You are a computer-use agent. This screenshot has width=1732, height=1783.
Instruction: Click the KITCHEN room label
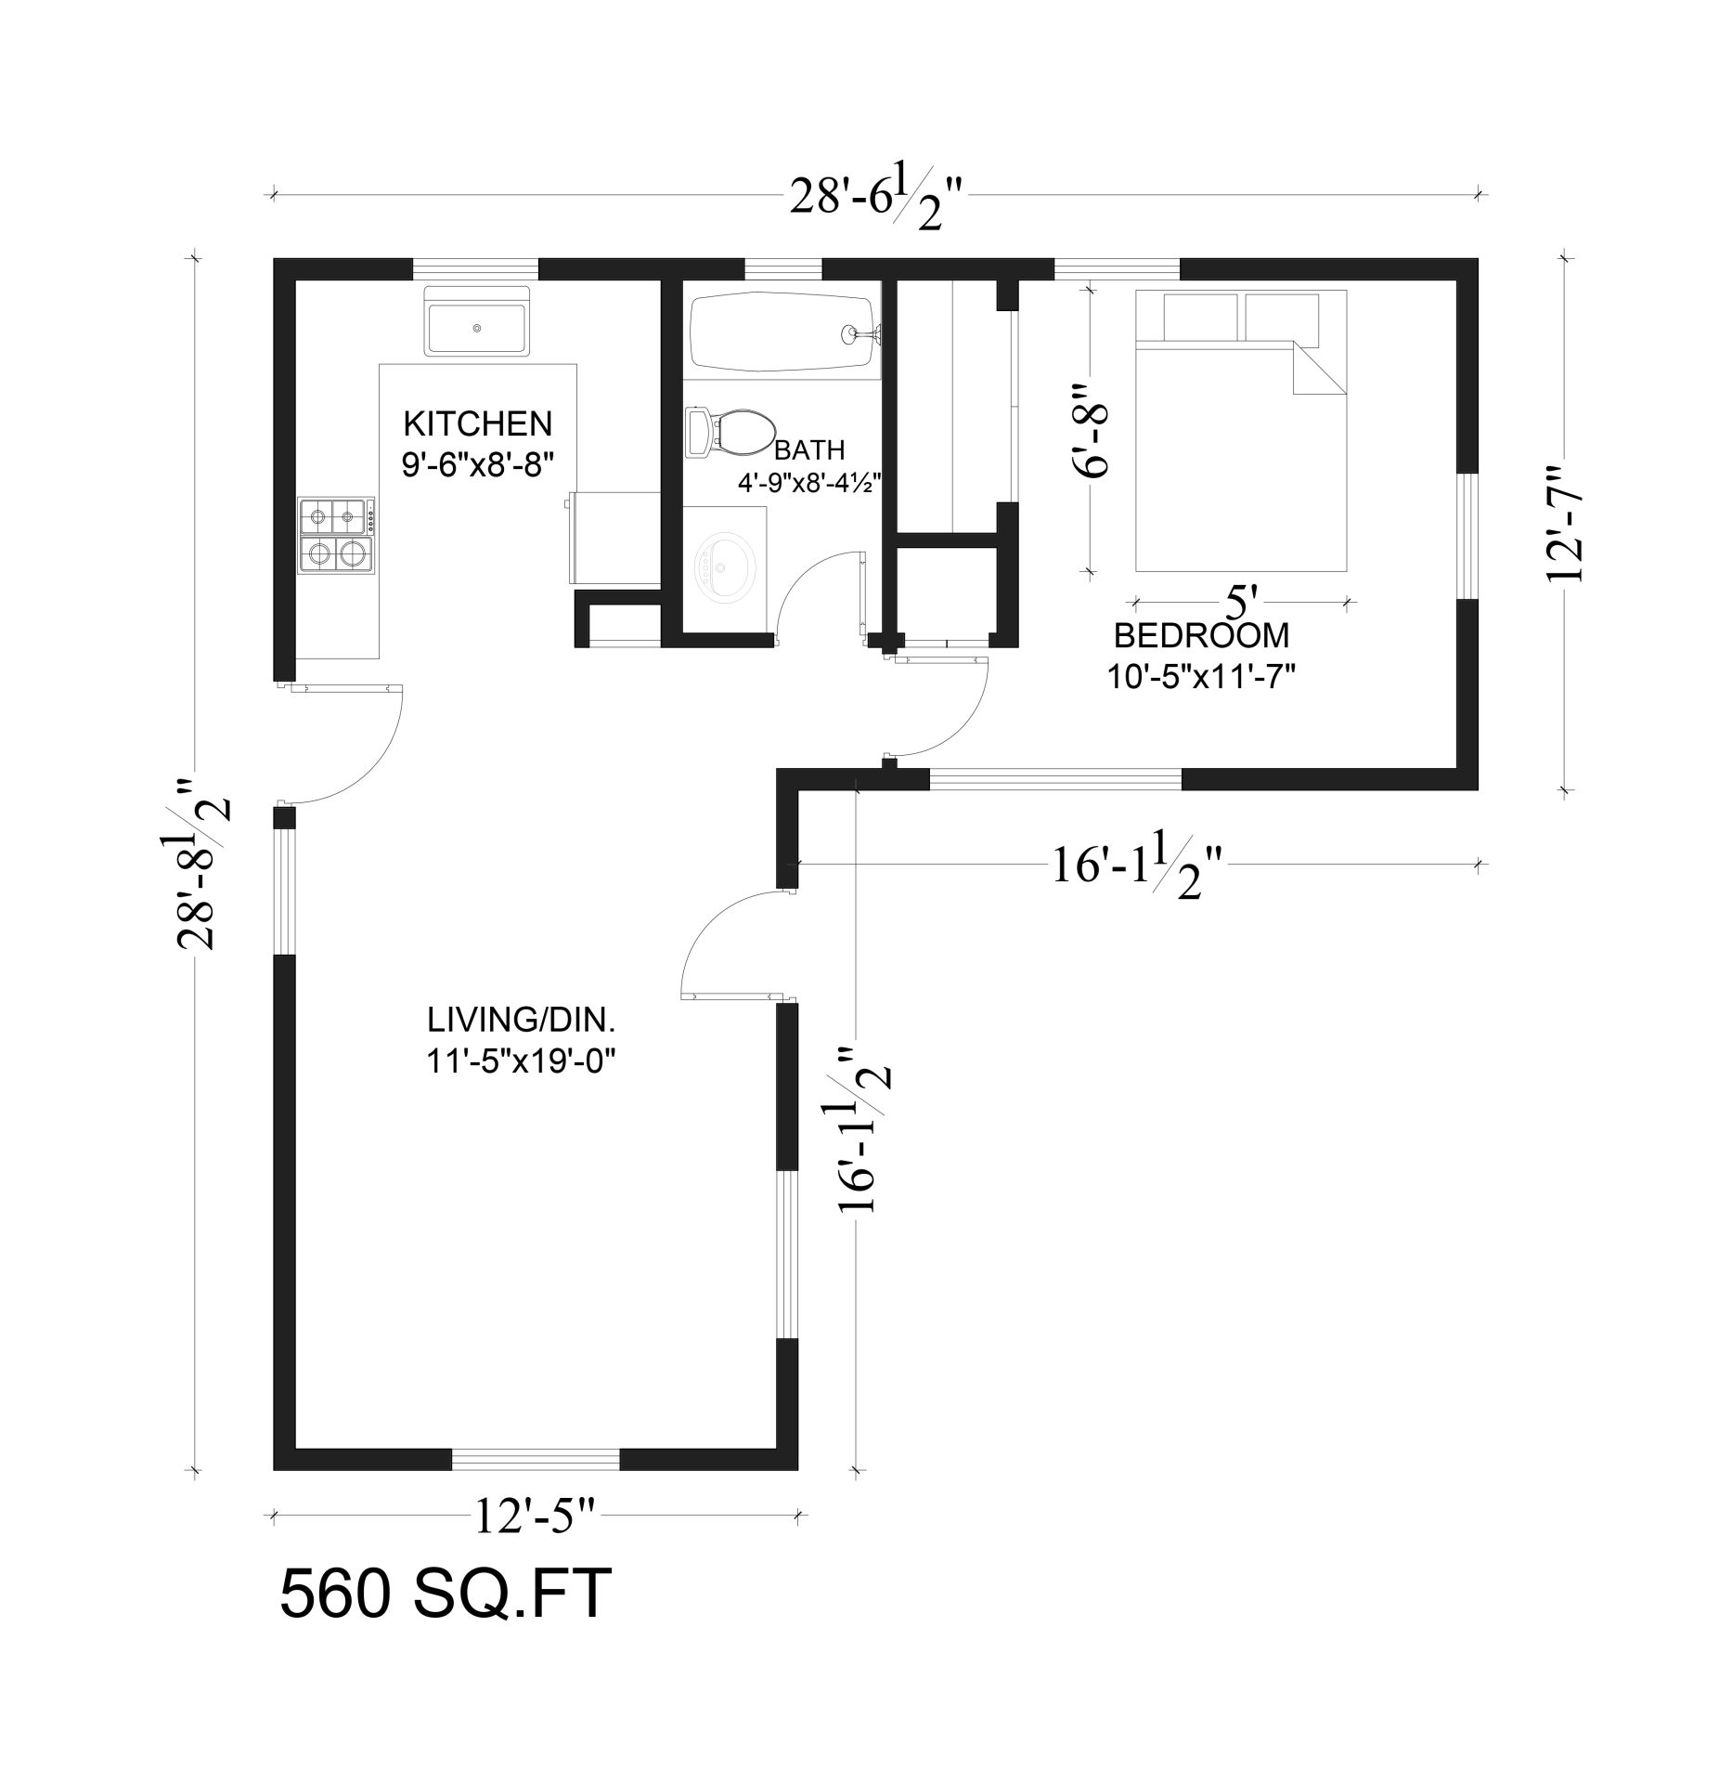(x=477, y=423)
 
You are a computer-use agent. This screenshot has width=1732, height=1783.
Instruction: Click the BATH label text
(x=809, y=450)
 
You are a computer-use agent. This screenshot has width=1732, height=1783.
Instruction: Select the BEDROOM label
(x=1201, y=636)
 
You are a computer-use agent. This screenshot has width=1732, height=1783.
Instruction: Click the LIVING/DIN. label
(x=522, y=1021)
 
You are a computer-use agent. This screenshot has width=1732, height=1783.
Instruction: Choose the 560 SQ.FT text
(x=446, y=1594)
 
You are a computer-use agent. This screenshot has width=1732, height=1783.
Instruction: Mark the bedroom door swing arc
(x=956, y=723)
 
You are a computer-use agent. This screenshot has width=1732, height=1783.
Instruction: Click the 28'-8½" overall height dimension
(x=201, y=864)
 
